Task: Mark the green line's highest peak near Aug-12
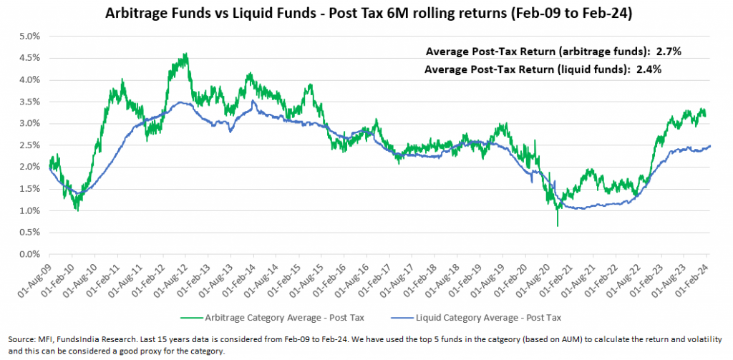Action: tap(185, 54)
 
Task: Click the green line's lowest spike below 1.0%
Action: tap(557, 226)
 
